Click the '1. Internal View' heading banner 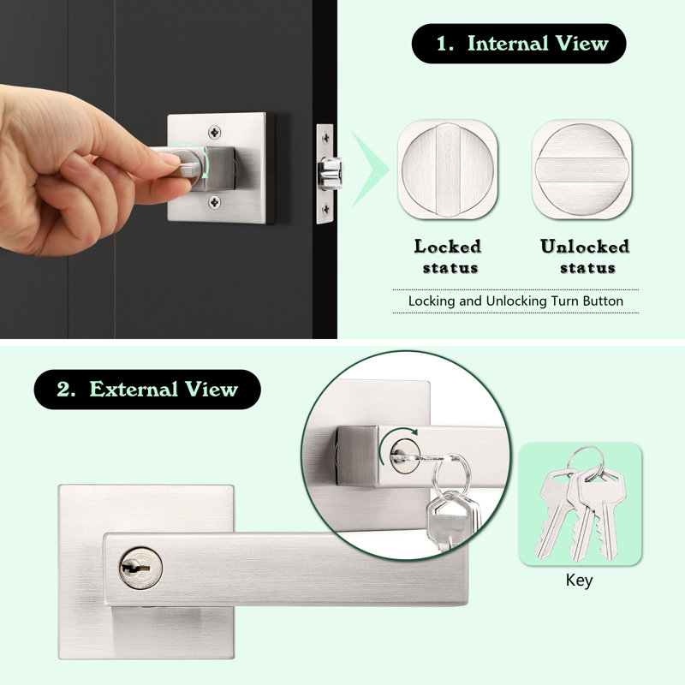click(519, 44)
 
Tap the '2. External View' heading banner click(147, 390)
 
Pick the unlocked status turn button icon click(581, 170)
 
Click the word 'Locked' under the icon click(447, 247)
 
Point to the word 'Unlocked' click(584, 247)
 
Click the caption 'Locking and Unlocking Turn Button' click(515, 301)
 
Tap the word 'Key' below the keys click(579, 581)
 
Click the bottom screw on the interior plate click(212, 201)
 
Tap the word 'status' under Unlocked click(587, 268)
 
